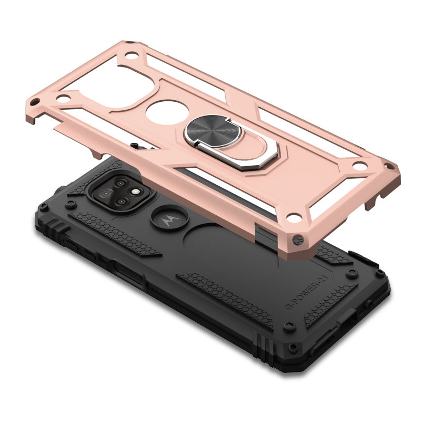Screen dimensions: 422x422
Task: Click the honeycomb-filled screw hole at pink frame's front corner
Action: click(300, 238)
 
